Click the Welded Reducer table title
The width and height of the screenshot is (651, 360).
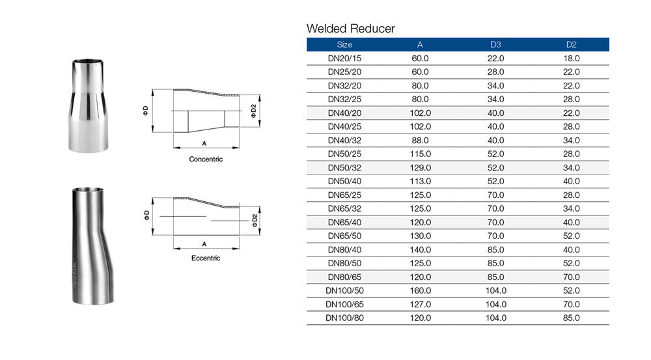[350, 29]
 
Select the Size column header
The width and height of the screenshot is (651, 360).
[344, 44]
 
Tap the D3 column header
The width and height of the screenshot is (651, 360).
[495, 44]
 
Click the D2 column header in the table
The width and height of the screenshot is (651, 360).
[572, 44]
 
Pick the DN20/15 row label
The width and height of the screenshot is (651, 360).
[344, 59]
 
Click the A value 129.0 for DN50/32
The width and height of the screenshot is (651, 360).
[420, 168]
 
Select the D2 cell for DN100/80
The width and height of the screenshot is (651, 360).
[572, 318]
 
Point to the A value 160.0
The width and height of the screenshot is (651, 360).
[420, 290]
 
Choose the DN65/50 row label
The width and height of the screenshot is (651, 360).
[344, 236]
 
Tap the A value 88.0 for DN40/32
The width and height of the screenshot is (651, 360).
[420, 141]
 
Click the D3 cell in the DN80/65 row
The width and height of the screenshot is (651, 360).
[495, 277]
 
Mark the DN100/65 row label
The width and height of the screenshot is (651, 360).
[344, 305]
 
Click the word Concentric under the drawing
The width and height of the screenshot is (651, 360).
[206, 159]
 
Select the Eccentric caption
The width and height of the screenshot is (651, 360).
[206, 258]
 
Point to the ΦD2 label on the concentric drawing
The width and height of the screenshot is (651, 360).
[254, 111]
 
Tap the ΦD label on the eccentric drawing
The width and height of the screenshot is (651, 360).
[146, 215]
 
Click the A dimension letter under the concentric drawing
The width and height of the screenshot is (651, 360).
[204, 143]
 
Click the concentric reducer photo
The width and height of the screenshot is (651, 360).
[88, 105]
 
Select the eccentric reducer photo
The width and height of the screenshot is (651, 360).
[92, 246]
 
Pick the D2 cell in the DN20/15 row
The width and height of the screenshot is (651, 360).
[572, 59]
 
